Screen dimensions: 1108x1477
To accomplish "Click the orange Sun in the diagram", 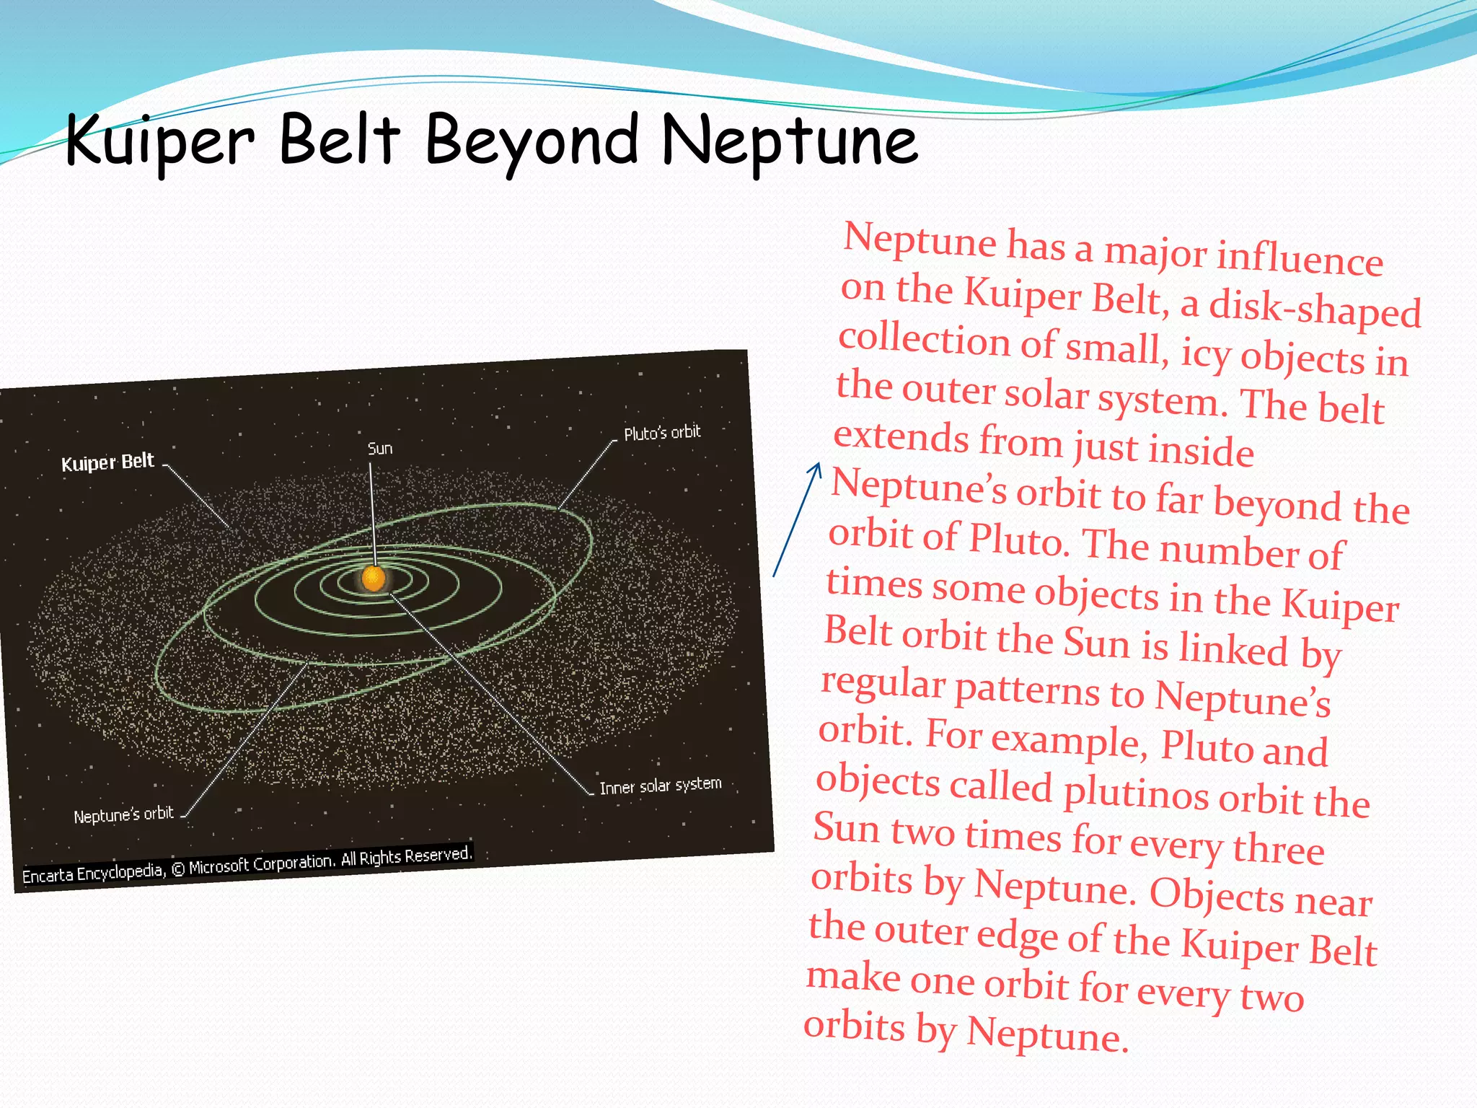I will coord(374,578).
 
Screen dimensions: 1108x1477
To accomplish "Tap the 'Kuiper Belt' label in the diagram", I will coord(107,462).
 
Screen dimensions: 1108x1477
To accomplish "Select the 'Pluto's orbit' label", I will coord(662,433).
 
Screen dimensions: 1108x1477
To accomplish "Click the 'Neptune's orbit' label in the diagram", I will coord(123,815).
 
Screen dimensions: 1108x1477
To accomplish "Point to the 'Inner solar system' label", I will coord(660,786).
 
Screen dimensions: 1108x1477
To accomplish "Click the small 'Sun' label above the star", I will coord(380,449).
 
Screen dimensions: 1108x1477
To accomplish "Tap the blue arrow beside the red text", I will coord(797,519).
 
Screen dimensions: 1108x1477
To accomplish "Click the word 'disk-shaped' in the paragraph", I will coord(1314,308).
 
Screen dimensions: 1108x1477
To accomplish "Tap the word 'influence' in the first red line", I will coord(1300,258).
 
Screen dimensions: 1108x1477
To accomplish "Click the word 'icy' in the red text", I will coord(1205,353).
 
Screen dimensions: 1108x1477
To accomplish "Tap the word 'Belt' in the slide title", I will coord(339,141).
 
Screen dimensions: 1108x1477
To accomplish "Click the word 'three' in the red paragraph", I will coord(1278,849).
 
